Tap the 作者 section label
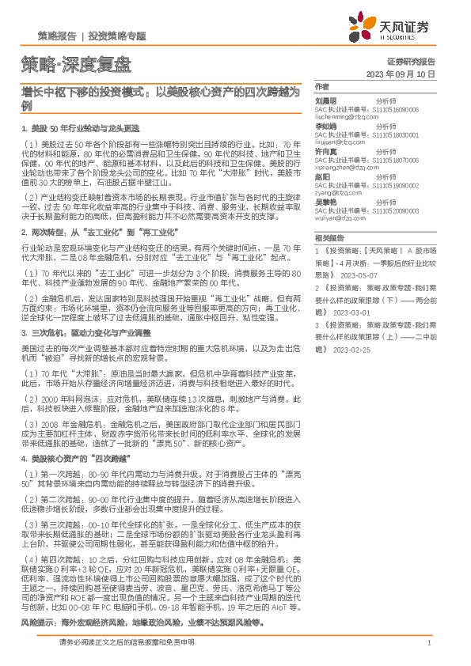[x=321, y=86]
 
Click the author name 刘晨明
[x=326, y=100]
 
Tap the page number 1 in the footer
[x=428, y=643]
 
